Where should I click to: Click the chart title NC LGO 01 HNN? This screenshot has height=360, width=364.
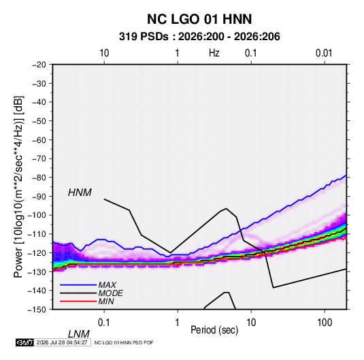coord(199,19)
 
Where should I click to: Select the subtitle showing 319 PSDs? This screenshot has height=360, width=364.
coord(199,37)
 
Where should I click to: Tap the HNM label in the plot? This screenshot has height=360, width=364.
coord(80,193)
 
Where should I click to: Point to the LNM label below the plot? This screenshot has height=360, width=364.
coord(79,334)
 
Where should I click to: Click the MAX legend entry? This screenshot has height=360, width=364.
coord(107,285)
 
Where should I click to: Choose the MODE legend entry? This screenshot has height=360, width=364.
coord(110,293)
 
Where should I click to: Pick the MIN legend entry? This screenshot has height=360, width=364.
coord(106,301)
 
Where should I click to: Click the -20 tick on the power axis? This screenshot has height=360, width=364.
coord(39,65)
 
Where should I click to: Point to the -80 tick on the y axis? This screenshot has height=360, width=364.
coord(39,178)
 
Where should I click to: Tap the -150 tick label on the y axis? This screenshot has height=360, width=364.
coord(37,310)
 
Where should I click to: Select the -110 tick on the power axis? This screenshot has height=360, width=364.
coord(37,234)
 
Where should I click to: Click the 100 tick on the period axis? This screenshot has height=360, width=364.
coord(325,323)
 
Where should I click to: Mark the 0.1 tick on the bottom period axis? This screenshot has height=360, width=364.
coord(104,323)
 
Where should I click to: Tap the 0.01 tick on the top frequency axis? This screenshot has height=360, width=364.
coord(324,53)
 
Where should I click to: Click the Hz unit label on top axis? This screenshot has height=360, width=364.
coord(214,53)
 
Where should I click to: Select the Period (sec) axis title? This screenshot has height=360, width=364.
coord(214,330)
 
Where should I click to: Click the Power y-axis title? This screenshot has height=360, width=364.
coord(18,187)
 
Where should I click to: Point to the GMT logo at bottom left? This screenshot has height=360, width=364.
coord(24,342)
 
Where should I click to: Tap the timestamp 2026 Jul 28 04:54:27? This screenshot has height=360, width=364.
coord(62,342)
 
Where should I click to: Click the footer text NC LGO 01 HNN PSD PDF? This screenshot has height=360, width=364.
coord(124,343)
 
